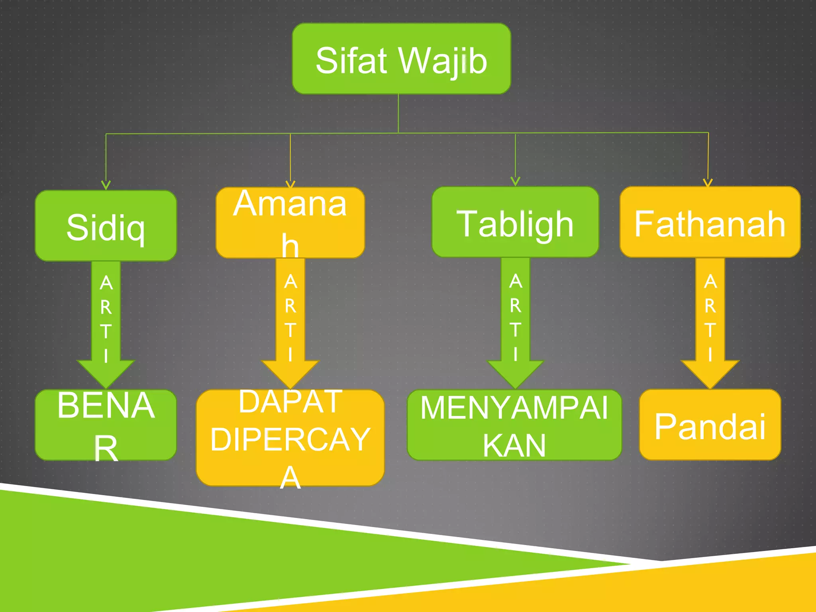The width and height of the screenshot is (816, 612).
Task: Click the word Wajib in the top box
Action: pyautogui.click(x=443, y=61)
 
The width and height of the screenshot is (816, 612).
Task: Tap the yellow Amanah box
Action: pyautogui.click(x=290, y=222)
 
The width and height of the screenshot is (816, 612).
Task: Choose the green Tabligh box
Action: pyautogui.click(x=515, y=222)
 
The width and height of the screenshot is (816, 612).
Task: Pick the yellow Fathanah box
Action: pyautogui.click(x=710, y=222)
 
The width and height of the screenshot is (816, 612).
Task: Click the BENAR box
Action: pyautogui.click(x=106, y=425)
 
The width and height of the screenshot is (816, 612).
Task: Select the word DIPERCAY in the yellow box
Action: pyautogui.click(x=290, y=439)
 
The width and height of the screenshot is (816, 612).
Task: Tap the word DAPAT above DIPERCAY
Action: pyautogui.click(x=290, y=402)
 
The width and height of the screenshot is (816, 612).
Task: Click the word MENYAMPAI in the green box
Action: pyautogui.click(x=514, y=408)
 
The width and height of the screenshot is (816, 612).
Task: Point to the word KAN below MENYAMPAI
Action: pyautogui.click(x=514, y=445)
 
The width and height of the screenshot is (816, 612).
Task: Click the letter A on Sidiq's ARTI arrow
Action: pyautogui.click(x=106, y=283)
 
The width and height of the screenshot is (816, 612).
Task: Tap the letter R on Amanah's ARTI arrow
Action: pyautogui.click(x=290, y=306)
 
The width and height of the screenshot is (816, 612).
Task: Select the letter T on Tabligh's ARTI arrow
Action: pyautogui.click(x=515, y=330)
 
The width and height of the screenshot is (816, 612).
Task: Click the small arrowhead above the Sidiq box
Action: pyautogui.click(x=106, y=185)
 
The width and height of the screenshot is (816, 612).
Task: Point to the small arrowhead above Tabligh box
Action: pyautogui.click(x=515, y=182)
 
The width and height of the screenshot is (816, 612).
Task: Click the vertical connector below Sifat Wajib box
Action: pyautogui.click(x=398, y=114)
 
